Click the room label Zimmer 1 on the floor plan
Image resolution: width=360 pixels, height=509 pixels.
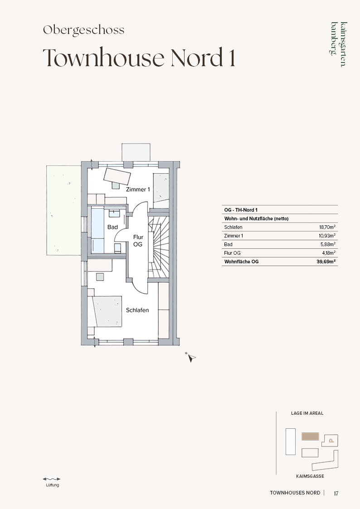coord(138,189)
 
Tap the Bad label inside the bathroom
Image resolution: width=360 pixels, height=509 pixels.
coord(112,227)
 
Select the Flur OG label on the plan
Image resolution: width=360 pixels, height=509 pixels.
coord(138,241)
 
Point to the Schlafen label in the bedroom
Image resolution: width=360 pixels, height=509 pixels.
coord(137,310)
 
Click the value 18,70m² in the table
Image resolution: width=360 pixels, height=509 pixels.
coord(327,227)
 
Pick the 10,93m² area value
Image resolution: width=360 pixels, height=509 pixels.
coord(327,236)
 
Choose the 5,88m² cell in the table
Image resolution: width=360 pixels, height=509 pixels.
coord(328,244)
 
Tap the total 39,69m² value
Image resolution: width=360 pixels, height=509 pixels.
coord(326,262)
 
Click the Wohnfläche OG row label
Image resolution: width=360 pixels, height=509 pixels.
coord(242,262)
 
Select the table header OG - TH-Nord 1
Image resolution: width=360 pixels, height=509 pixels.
coord(241,210)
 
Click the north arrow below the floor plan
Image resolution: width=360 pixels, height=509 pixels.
coord(191,358)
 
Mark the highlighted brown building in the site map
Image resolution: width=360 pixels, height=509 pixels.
coord(310,436)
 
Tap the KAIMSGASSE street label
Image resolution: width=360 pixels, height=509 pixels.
coord(310,476)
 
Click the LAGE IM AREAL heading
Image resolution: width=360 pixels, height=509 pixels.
coord(307,413)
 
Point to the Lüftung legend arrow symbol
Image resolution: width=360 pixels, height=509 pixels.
coord(52,479)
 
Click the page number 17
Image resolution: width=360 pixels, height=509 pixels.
coord(336,493)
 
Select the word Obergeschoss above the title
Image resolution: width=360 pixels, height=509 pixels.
coord(84,30)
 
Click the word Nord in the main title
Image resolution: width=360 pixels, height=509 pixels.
coord(196,58)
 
